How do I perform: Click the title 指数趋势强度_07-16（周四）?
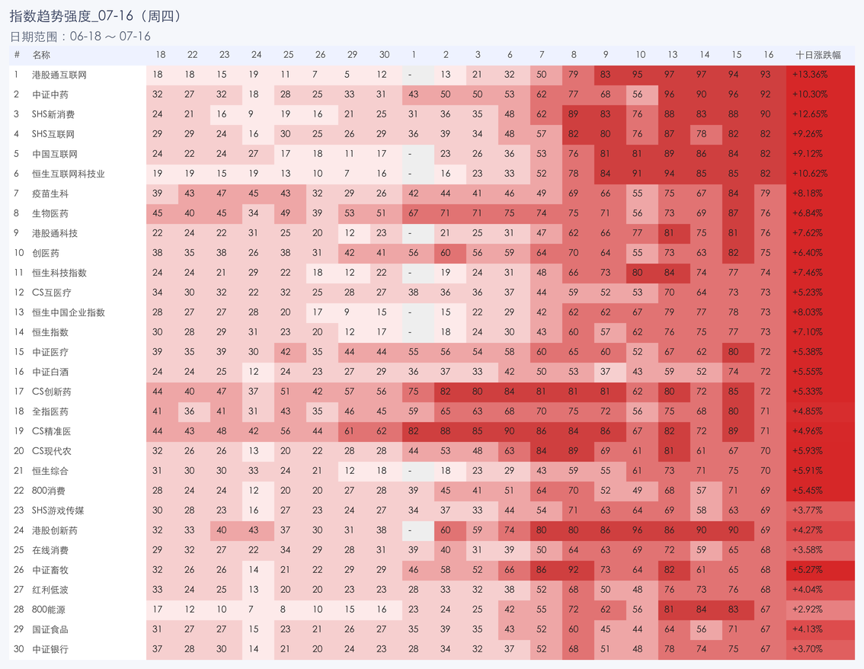95,16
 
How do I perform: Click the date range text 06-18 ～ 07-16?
110,37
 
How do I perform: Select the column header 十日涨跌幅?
818,55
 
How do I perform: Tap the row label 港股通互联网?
59,75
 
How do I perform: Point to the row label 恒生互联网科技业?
69,174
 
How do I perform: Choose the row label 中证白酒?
50,371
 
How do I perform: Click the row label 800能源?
49,610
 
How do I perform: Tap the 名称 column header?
41,55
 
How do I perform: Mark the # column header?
17,55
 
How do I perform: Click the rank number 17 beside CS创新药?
19,391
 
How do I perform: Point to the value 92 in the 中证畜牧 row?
574,570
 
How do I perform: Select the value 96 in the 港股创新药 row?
638,530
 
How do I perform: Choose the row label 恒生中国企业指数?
69,312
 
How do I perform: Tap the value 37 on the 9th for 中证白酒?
606,371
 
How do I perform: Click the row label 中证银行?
50,649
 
